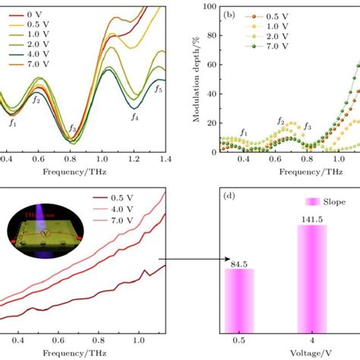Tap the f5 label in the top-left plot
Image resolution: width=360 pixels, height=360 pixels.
coord(158,89)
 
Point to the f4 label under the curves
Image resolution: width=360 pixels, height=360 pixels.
coord(134,117)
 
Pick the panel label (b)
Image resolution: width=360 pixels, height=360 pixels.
coord(234,13)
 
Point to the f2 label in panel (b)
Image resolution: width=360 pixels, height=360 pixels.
coord(280,121)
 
